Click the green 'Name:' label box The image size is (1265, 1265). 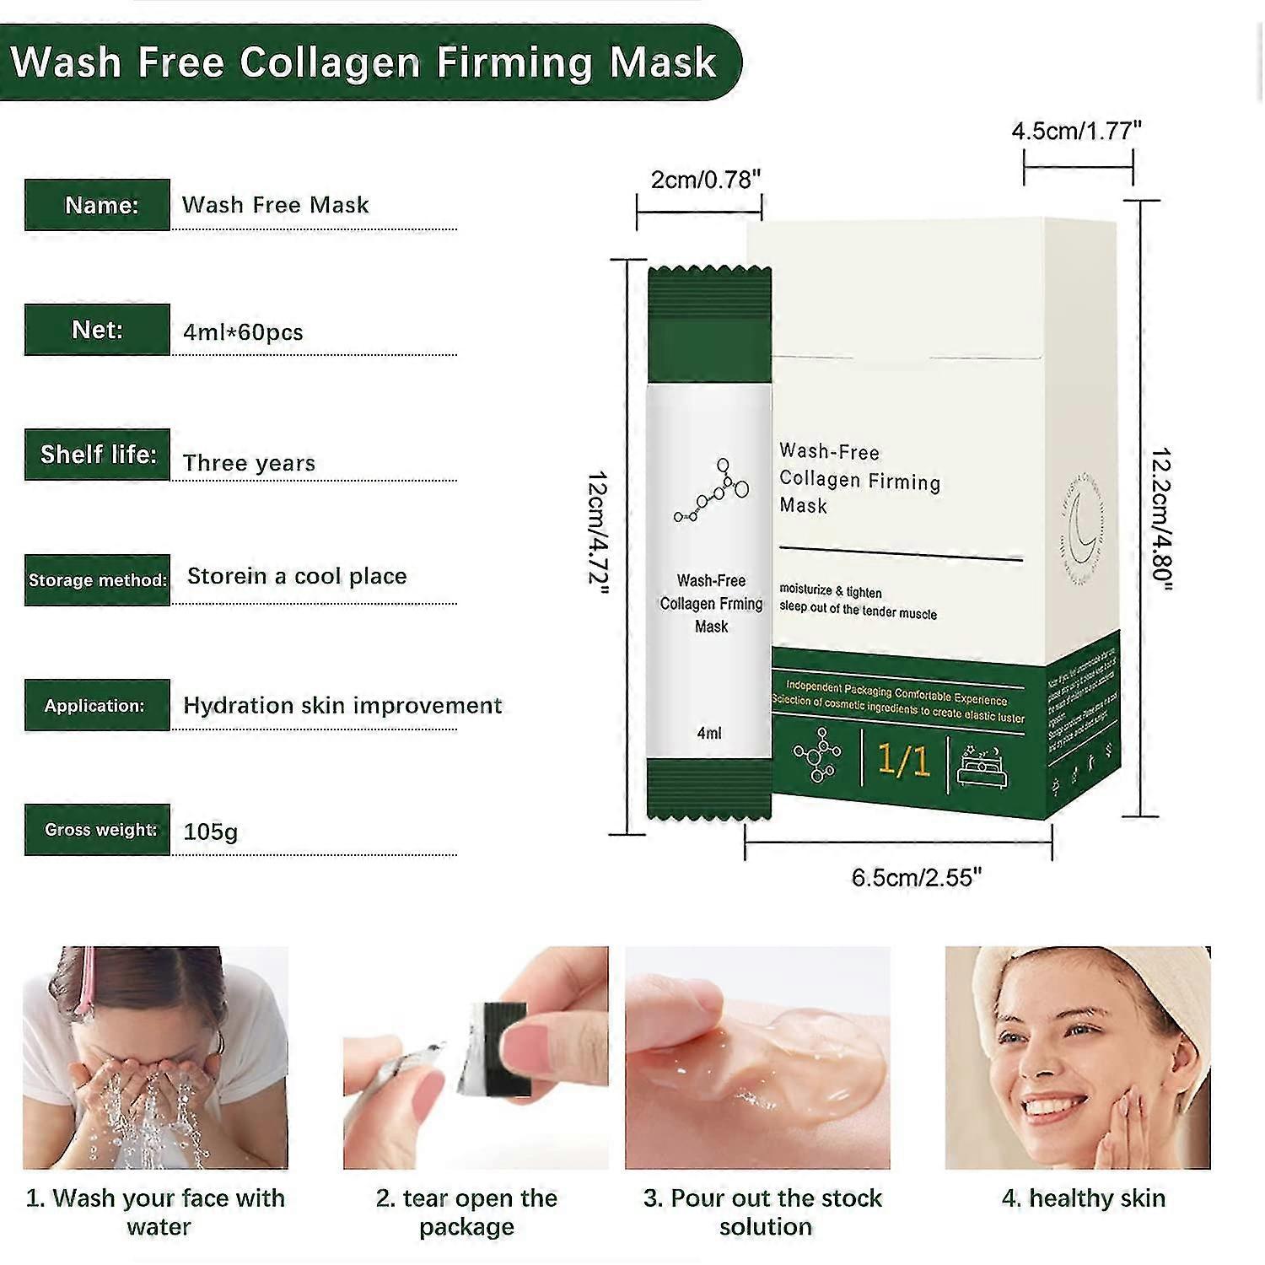coord(97,205)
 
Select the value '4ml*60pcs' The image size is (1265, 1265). coord(243,332)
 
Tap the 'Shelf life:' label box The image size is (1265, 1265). coord(97,455)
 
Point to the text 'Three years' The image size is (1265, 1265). coord(249,463)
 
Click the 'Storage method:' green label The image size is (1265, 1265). coord(97,580)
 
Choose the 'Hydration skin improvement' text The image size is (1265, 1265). coord(342,705)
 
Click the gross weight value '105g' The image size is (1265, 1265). coord(211,832)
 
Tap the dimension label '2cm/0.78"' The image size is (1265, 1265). coord(706,180)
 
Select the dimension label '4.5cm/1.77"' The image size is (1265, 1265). coord(1076,131)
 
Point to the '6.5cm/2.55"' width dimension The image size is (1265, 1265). coord(916,878)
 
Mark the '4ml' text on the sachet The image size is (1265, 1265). coord(709,733)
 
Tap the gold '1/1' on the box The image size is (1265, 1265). coord(903,760)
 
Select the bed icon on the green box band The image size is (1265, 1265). coord(982,765)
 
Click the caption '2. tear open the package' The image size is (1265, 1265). coord(466,1212)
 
